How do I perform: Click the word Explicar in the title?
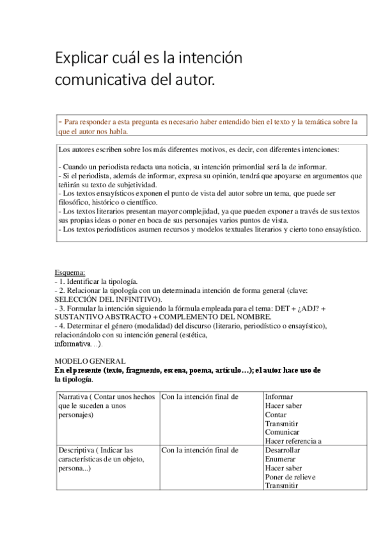77,59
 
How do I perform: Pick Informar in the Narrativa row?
281,397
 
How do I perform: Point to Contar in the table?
276,414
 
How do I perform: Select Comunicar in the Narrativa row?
283,431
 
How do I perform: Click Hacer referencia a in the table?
293,440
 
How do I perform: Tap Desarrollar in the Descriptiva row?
284,450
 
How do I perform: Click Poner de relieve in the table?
290,477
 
